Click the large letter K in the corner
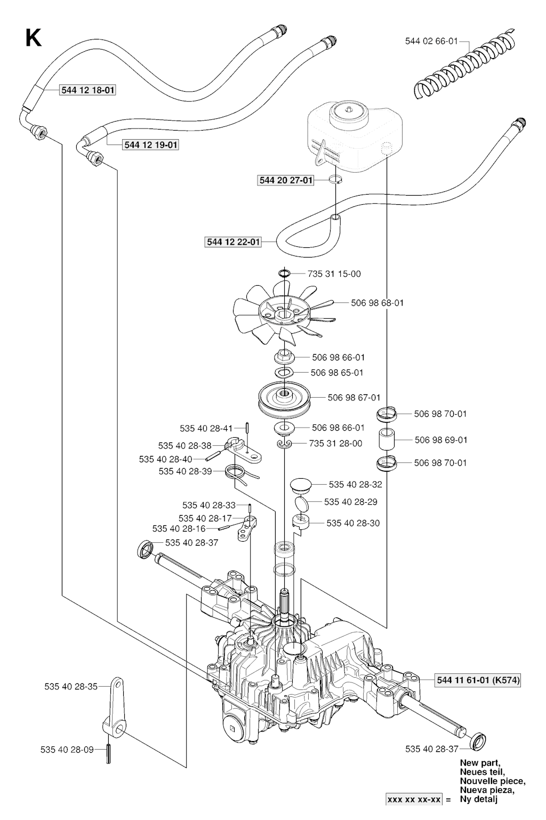tap(33, 38)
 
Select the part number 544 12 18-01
tap(87, 91)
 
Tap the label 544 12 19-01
tap(151, 144)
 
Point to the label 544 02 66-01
tap(431, 41)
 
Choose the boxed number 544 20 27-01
tap(286, 180)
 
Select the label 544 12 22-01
tap(233, 242)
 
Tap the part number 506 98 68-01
tap(377, 303)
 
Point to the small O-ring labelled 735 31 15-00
tap(284, 274)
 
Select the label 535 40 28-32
tap(355, 485)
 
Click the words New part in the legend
tap(480, 762)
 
